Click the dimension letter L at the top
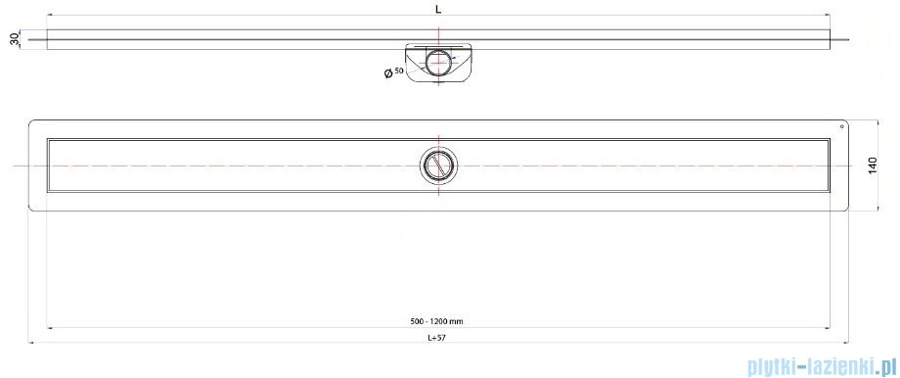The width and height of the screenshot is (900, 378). click(x=438, y=9)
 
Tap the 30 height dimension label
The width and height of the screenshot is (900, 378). click(x=16, y=39)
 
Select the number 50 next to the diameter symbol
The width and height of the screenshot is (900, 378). click(x=399, y=71)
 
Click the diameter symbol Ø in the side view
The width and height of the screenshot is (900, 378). click(x=388, y=73)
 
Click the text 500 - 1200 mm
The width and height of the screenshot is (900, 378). click(x=438, y=321)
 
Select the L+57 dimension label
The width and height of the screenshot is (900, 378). click(x=437, y=338)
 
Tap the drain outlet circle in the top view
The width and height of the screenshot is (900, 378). click(x=439, y=165)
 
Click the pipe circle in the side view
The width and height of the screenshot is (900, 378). click(x=439, y=62)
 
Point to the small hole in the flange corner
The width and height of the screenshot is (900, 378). click(x=842, y=126)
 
